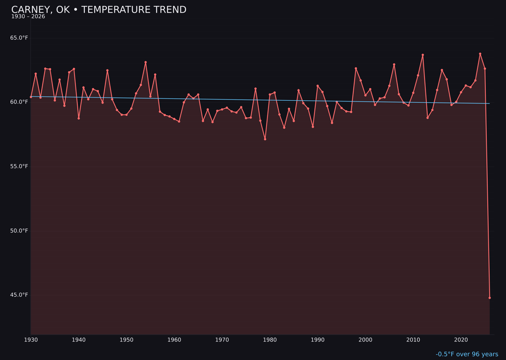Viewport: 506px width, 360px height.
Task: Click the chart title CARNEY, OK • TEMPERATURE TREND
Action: coord(99,10)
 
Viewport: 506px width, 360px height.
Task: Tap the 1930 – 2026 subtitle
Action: coord(28,17)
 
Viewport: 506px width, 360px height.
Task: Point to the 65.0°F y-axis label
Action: coord(19,38)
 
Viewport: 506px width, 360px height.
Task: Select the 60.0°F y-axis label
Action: coord(19,102)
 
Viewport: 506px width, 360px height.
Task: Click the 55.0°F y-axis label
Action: coord(19,166)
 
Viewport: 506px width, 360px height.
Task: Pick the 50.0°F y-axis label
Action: coord(19,231)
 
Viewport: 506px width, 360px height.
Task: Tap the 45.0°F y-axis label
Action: coord(19,295)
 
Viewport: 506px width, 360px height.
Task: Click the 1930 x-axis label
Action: coord(31,340)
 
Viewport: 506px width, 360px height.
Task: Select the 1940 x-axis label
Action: coord(79,340)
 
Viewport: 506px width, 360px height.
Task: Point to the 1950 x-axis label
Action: coord(126,340)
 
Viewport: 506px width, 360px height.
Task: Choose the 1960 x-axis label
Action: coord(174,340)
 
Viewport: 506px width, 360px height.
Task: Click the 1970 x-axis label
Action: coord(222,340)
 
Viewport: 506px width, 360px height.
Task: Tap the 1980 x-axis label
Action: coord(270,340)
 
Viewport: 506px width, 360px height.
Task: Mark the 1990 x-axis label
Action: coord(318,340)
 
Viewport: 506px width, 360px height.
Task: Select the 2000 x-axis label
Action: coord(365,340)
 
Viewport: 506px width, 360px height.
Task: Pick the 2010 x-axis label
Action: coord(413,340)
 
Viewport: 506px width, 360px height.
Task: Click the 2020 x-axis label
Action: coord(461,340)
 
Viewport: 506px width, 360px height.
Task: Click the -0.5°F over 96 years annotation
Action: coord(467,354)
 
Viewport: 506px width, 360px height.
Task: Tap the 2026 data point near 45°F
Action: coord(490,298)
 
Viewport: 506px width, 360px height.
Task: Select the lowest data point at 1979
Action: coord(265,139)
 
